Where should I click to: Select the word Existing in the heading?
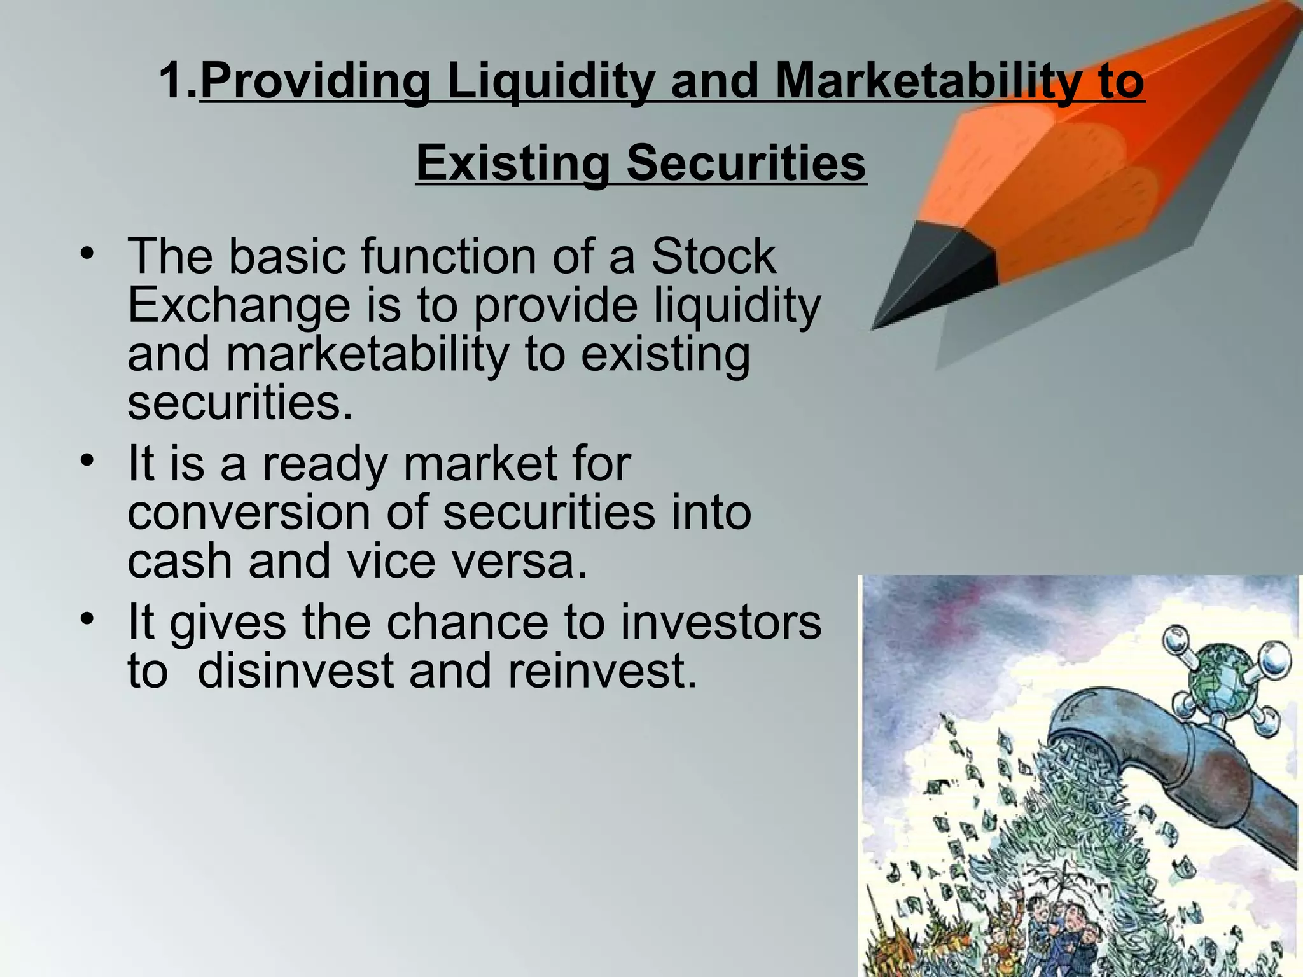[513, 163]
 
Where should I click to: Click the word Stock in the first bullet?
[713, 256]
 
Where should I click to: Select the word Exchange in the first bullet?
[239, 305]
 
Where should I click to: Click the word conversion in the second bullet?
[249, 513]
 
